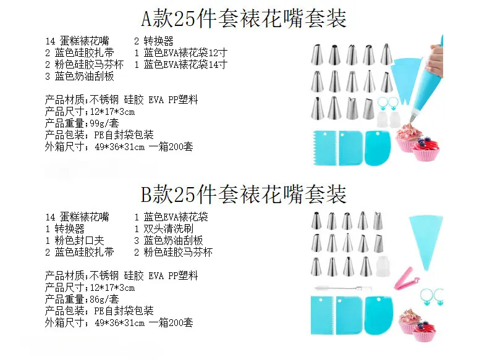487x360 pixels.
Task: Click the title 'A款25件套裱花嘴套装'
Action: (x=244, y=18)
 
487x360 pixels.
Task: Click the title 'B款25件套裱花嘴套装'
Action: (x=244, y=194)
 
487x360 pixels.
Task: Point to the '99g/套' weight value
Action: (x=104, y=123)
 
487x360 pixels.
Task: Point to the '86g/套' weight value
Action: (x=104, y=299)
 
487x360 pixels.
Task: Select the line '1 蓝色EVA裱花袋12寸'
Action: (x=180, y=52)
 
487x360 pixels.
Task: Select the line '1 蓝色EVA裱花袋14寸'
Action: (x=180, y=65)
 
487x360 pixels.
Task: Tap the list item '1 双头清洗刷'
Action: (x=164, y=228)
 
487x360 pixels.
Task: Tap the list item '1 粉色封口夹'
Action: (x=75, y=241)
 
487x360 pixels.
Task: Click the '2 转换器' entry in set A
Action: (x=154, y=41)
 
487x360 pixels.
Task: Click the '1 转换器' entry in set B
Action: (x=65, y=228)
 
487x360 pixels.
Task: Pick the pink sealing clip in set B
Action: (x=405, y=278)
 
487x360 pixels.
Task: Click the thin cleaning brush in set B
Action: (x=344, y=288)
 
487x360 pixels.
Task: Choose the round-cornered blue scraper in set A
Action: (x=379, y=148)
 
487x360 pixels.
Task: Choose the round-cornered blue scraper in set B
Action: (x=379, y=316)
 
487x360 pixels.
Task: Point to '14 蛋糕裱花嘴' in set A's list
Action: (x=77, y=41)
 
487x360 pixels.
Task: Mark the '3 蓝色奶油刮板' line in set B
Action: (x=169, y=241)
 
